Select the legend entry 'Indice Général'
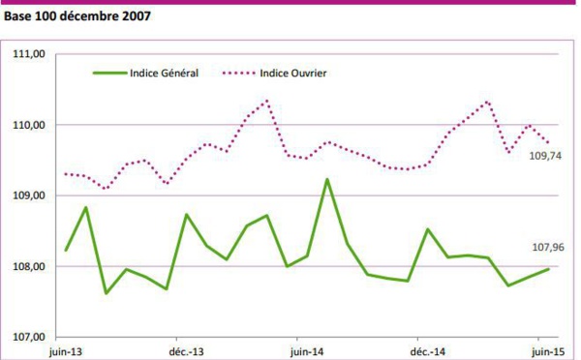pyautogui.click(x=164, y=73)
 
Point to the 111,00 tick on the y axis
pyautogui.click(x=29, y=55)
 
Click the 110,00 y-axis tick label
pyautogui.click(x=29, y=126)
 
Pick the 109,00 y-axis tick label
pyautogui.click(x=29, y=196)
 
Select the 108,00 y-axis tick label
pyautogui.click(x=29, y=267)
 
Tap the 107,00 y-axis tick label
pyautogui.click(x=29, y=338)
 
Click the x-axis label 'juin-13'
pyautogui.click(x=66, y=351)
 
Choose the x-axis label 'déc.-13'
pyautogui.click(x=185, y=351)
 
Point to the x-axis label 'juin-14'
pyautogui.click(x=307, y=351)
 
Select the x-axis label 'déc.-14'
pyautogui.click(x=427, y=351)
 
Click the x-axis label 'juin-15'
pyautogui.click(x=548, y=351)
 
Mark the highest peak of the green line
pyautogui.click(x=327, y=179)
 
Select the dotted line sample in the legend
pyautogui.click(x=242, y=73)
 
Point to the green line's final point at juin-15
pyautogui.click(x=549, y=269)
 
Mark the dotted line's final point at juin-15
pyautogui.click(x=549, y=143)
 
